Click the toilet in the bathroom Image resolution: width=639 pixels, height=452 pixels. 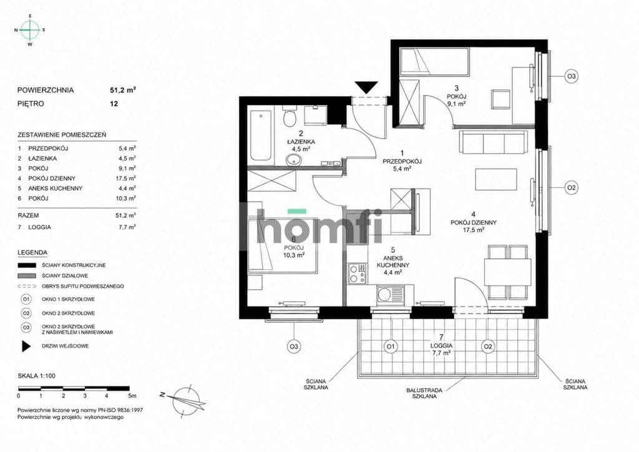point(290,117)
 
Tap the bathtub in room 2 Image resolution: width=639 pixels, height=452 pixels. point(260,135)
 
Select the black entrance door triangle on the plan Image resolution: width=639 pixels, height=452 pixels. point(366,87)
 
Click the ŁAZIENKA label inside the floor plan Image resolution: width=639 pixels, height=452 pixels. point(301,142)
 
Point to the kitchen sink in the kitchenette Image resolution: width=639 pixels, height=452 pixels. point(391,294)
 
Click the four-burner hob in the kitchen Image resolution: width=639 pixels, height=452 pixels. point(357,273)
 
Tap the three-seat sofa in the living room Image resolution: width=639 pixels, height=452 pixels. point(494,142)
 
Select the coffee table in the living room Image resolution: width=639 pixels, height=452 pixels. point(496,179)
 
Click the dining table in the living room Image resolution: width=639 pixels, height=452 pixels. point(507,272)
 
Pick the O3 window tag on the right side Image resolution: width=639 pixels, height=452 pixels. point(572,76)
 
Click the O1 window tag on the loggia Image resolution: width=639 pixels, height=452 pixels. point(390,347)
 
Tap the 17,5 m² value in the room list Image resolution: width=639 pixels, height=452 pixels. point(125,178)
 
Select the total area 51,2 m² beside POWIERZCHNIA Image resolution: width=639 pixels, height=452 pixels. point(123,90)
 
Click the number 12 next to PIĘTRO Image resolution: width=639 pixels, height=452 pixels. point(114,104)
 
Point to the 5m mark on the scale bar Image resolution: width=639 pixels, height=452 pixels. point(132,395)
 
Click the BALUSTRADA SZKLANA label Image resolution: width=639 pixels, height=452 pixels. point(424,393)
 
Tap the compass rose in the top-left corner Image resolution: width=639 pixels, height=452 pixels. point(30,30)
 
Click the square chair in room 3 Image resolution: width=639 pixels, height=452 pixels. point(500,99)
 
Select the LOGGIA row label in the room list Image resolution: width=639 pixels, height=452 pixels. point(39,227)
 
